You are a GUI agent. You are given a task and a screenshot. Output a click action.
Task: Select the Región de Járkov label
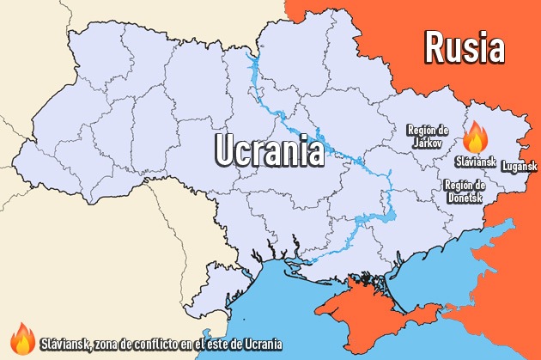[428, 135]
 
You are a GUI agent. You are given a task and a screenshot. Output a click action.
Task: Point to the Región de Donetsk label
[465, 191]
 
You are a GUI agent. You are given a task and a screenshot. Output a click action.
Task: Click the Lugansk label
[519, 165]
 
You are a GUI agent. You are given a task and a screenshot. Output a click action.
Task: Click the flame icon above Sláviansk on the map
[475, 137]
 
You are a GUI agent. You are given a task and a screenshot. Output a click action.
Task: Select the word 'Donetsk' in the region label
[465, 197]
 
